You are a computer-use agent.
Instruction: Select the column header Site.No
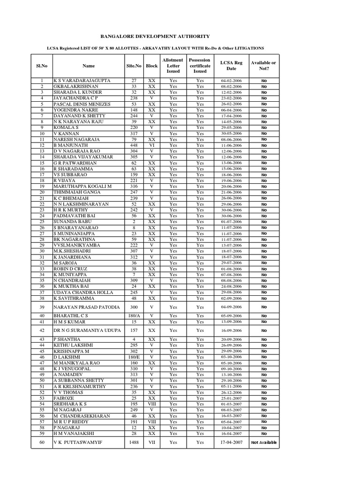[134, 66]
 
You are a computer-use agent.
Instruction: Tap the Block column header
[151, 66]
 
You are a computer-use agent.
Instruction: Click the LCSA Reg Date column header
[231, 66]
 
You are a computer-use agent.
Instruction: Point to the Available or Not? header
[263, 66]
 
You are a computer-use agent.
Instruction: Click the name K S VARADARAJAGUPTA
[82, 81]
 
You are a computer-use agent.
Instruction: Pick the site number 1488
[134, 442]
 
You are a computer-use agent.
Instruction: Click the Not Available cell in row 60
[264, 442]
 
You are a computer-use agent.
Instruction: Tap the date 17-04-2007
[231, 442]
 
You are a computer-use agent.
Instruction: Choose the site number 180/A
[134, 316]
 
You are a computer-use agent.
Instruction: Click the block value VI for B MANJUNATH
[151, 145]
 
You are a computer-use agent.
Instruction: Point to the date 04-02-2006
[231, 81]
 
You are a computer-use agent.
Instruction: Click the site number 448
[134, 145]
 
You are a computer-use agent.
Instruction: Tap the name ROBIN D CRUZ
[71, 269]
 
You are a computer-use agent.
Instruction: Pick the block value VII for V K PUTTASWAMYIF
[151, 442]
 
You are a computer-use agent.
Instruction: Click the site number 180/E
[134, 357]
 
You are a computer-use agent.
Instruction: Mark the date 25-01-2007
[231, 398]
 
